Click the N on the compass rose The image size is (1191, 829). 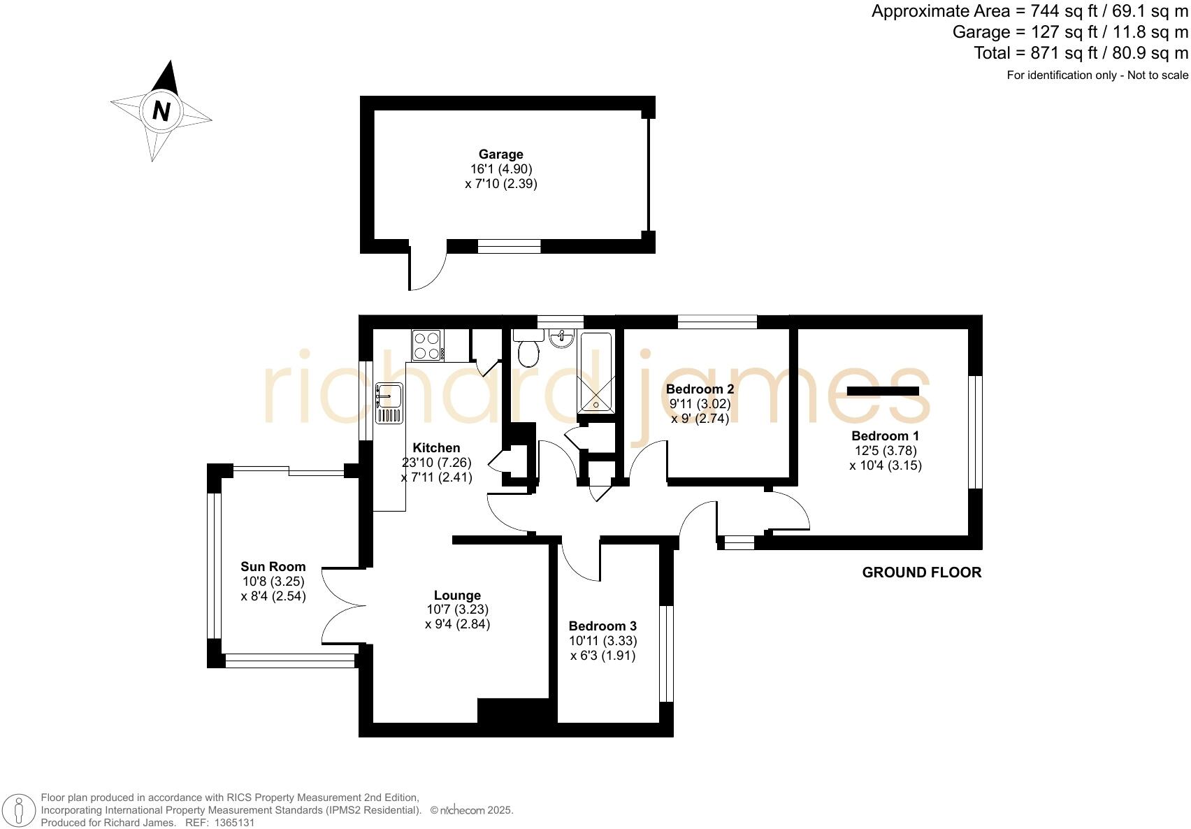click(x=161, y=111)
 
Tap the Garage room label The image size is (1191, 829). click(x=500, y=154)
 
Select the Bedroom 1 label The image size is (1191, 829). click(x=885, y=436)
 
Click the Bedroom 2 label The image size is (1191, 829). click(x=700, y=389)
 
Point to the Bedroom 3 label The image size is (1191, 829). click(x=602, y=626)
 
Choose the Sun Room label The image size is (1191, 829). click(x=273, y=567)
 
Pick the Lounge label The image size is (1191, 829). click(x=457, y=596)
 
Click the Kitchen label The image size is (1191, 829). click(x=436, y=448)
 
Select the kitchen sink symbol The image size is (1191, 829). click(x=389, y=403)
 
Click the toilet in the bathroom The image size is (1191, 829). click(x=529, y=348)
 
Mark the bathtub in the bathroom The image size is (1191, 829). click(x=595, y=373)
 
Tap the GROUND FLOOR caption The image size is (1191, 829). click(x=921, y=572)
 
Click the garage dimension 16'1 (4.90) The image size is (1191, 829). click(x=501, y=169)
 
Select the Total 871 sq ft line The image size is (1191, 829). click(x=1081, y=53)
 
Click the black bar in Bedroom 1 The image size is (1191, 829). click(x=883, y=391)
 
